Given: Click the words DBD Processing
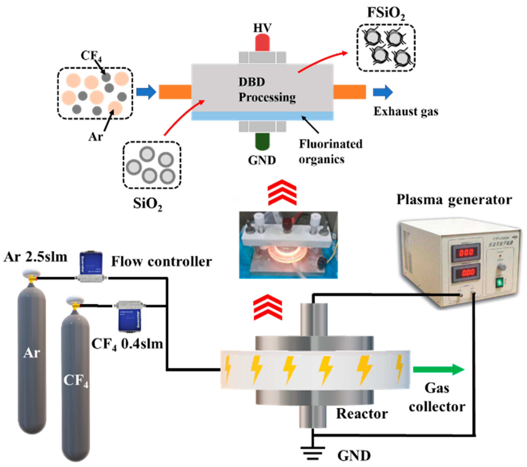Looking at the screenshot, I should coord(267,89).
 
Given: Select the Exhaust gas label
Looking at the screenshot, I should coord(406,111).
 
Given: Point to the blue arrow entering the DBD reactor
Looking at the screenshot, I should coord(146,92).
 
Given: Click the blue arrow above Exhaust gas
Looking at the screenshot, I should coord(383,92).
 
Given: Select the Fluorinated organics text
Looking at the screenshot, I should coord(330,152).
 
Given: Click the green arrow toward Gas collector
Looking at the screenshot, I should coord(438,370).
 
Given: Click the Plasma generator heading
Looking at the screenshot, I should coord(454,200).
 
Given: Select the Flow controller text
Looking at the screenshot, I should coord(161,262).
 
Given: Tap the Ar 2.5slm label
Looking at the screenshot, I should coord(36,257).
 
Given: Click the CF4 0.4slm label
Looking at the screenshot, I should coord(127,344).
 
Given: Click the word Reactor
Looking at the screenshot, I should coord(362,414).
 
